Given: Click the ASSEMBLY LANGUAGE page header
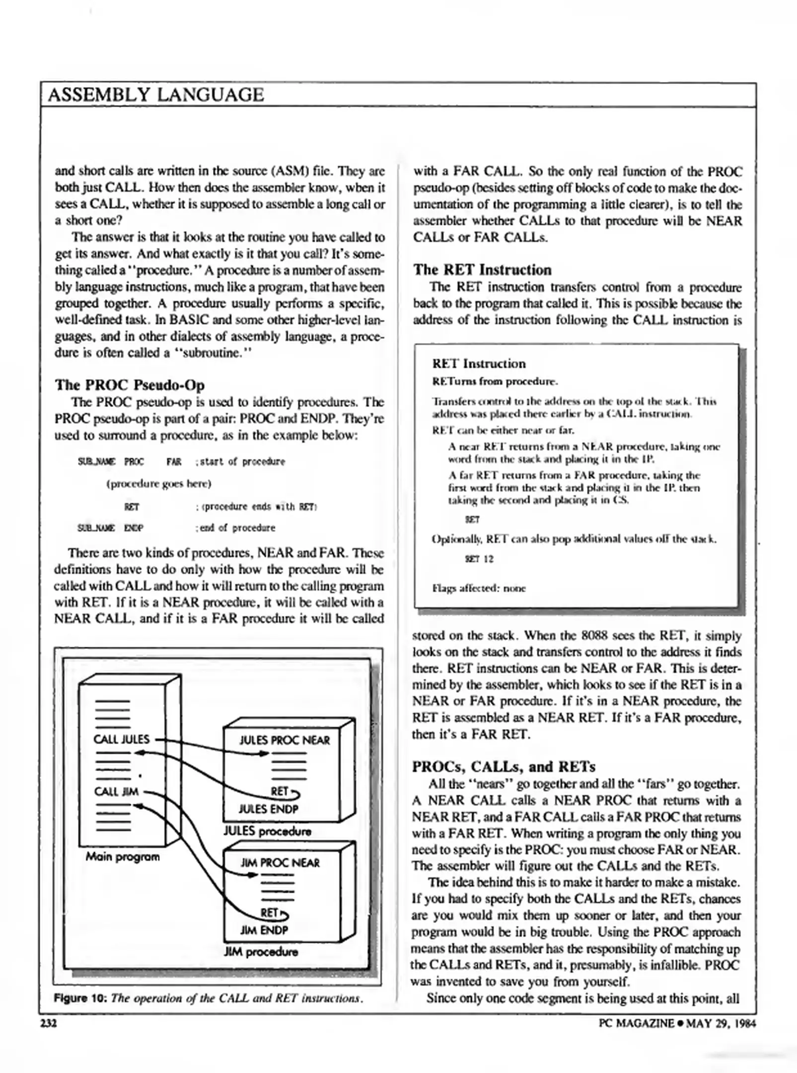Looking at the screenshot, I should coord(155,95).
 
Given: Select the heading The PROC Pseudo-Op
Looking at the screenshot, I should coord(129,385).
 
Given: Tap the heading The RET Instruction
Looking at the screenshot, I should coord(482,270).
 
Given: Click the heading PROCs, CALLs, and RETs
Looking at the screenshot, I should coord(504,766).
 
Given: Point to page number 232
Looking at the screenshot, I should coord(49,1023).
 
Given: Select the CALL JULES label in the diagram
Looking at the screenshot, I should coord(121,739).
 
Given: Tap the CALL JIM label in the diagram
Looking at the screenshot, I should coord(116,791).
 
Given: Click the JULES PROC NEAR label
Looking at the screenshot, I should coord(284,741).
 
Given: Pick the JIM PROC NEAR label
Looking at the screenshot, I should coord(280,863).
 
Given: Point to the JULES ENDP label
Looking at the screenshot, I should coord(268,809).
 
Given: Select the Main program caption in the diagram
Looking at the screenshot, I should coord(123,856).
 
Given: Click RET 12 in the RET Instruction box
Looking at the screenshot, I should coord(479,559).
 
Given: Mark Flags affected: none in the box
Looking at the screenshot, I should coord(479,589).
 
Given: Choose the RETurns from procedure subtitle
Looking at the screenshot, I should coord(495,382).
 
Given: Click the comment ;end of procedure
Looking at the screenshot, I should coord(235,528).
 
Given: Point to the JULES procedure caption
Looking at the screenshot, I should coord(267,831).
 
